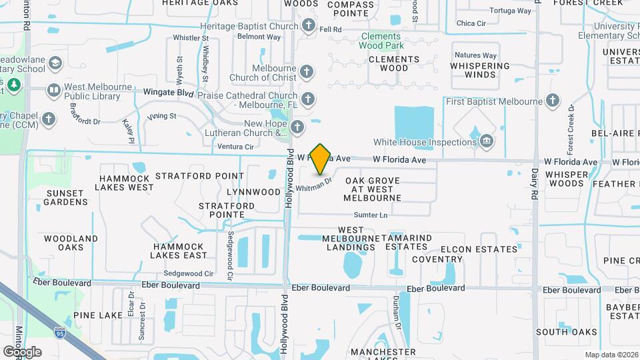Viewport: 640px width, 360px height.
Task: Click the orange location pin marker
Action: [x=321, y=159]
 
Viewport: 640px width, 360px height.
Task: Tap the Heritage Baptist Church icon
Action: [x=308, y=25]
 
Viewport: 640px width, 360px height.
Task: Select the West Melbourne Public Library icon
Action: [x=53, y=89]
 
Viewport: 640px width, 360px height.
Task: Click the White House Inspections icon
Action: [x=486, y=141]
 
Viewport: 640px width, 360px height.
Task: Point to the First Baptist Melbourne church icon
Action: [x=551, y=101]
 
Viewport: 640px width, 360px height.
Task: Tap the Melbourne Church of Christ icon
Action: [x=306, y=71]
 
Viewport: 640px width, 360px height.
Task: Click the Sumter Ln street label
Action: [x=371, y=215]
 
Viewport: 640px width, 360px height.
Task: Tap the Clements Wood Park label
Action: [x=381, y=41]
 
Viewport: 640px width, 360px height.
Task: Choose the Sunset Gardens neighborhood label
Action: [x=66, y=197]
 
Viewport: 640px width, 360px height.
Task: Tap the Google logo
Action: [x=22, y=351]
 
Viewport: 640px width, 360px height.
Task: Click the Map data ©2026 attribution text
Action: [x=611, y=355]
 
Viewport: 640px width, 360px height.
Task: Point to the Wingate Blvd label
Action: [x=168, y=93]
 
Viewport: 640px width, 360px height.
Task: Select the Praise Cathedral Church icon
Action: [x=307, y=99]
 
